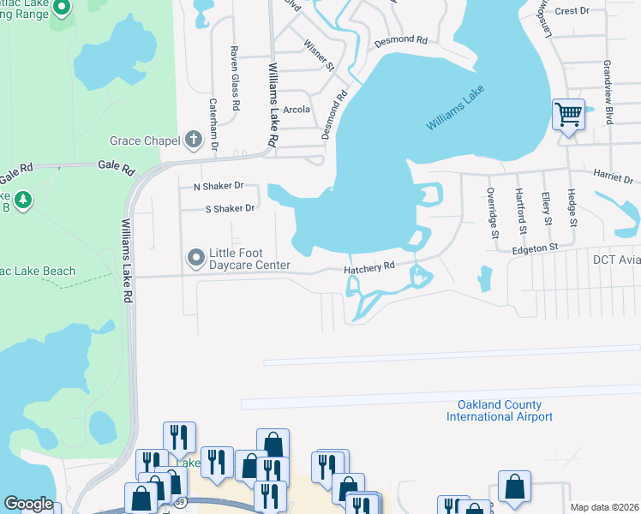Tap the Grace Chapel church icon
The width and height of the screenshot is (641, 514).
tap(194, 140)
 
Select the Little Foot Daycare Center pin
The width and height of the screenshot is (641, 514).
tap(196, 256)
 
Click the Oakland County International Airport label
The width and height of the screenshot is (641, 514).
tap(500, 411)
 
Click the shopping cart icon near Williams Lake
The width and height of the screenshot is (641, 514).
tap(568, 114)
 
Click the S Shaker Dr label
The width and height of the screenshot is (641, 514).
tap(230, 208)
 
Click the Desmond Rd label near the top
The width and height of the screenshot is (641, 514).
tap(399, 40)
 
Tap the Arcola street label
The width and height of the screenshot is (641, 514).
tap(297, 110)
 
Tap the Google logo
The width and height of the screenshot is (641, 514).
tap(28, 504)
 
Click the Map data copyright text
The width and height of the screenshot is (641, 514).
tap(604, 507)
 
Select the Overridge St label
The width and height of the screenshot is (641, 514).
tap(493, 212)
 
